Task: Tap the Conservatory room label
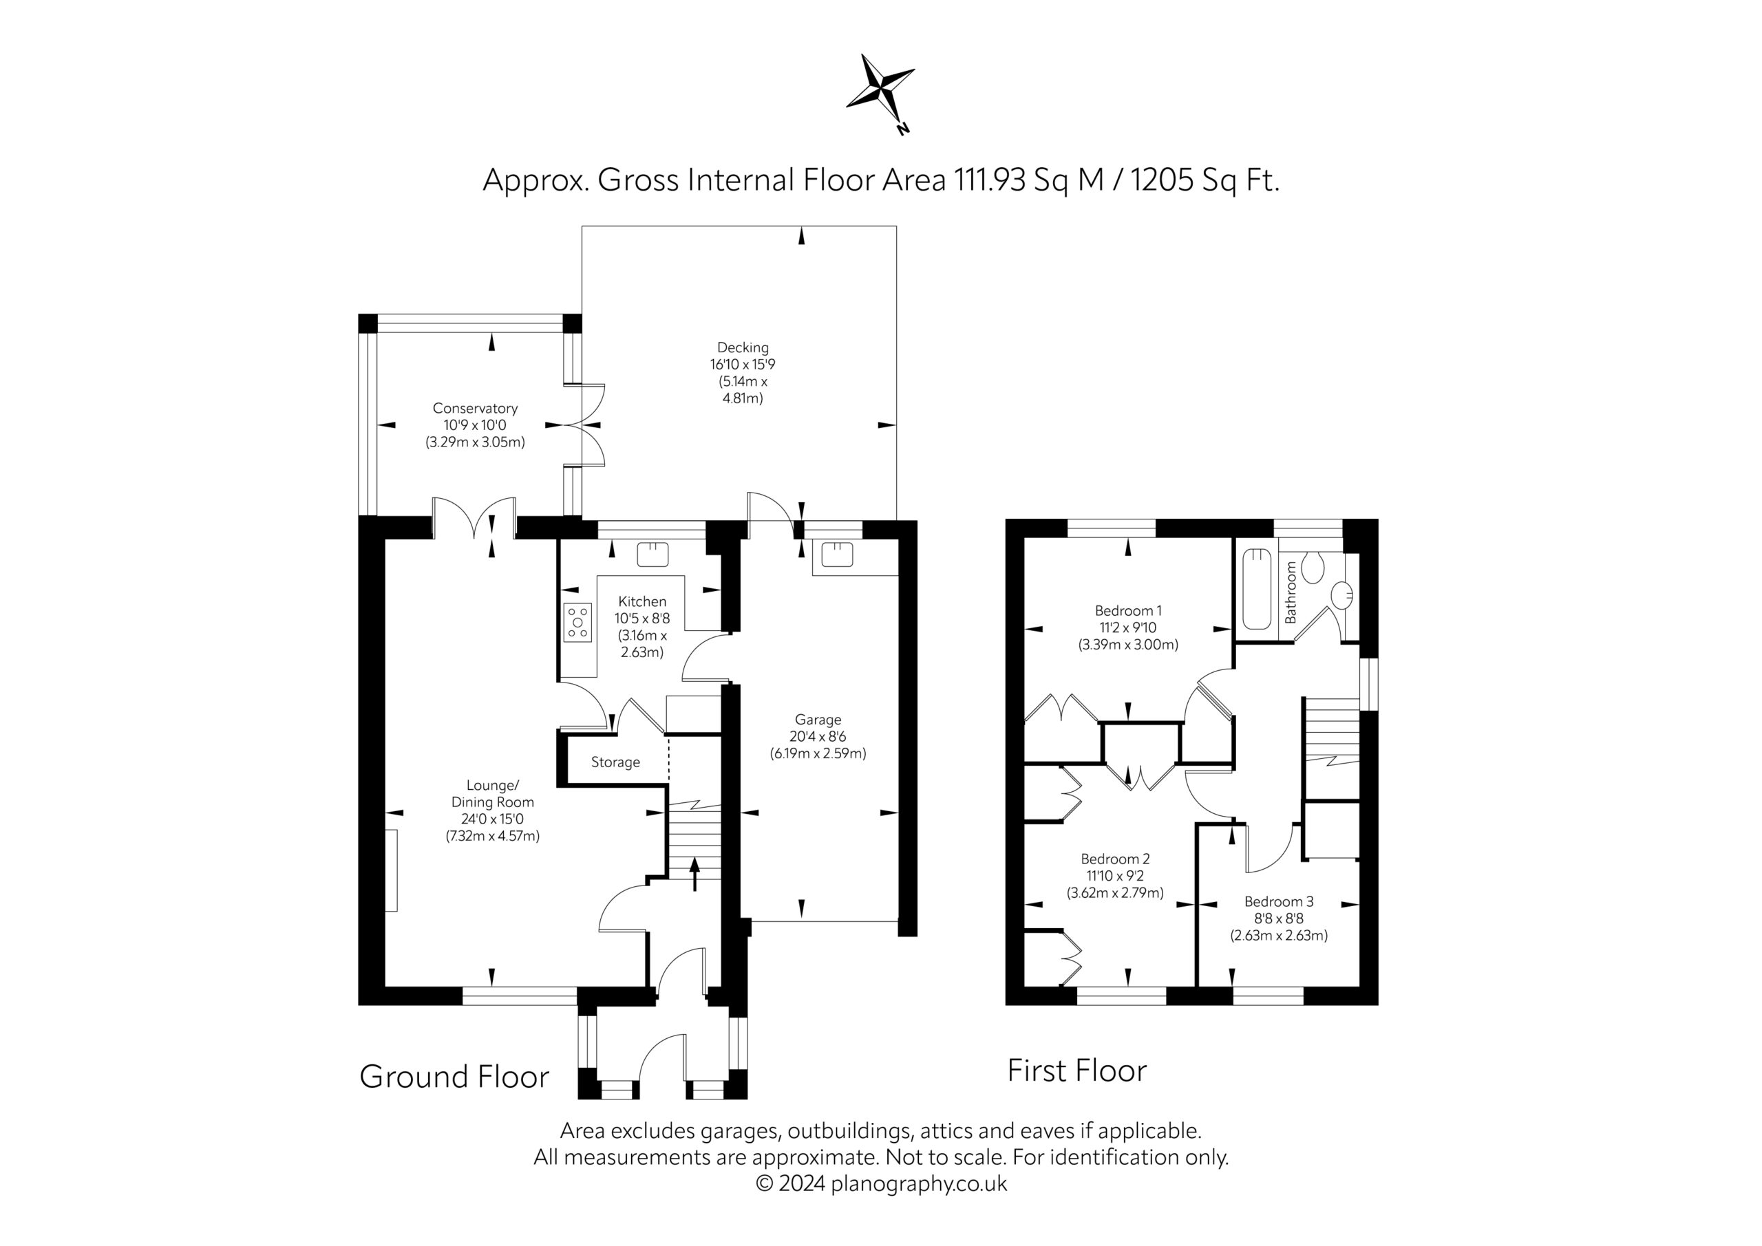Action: point(475,408)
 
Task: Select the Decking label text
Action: point(743,347)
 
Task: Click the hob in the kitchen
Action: point(579,622)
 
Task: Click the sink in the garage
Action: point(837,554)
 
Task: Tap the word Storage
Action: point(615,762)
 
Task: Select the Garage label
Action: point(818,720)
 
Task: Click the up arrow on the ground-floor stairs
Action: point(695,874)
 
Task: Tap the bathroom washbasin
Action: point(1342,594)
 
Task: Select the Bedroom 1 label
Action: point(1128,611)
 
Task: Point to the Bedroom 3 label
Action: point(1280,901)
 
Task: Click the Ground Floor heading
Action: point(454,1077)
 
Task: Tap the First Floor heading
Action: point(1077,1071)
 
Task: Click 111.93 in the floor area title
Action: point(990,180)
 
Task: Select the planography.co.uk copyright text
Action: point(881,1184)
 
